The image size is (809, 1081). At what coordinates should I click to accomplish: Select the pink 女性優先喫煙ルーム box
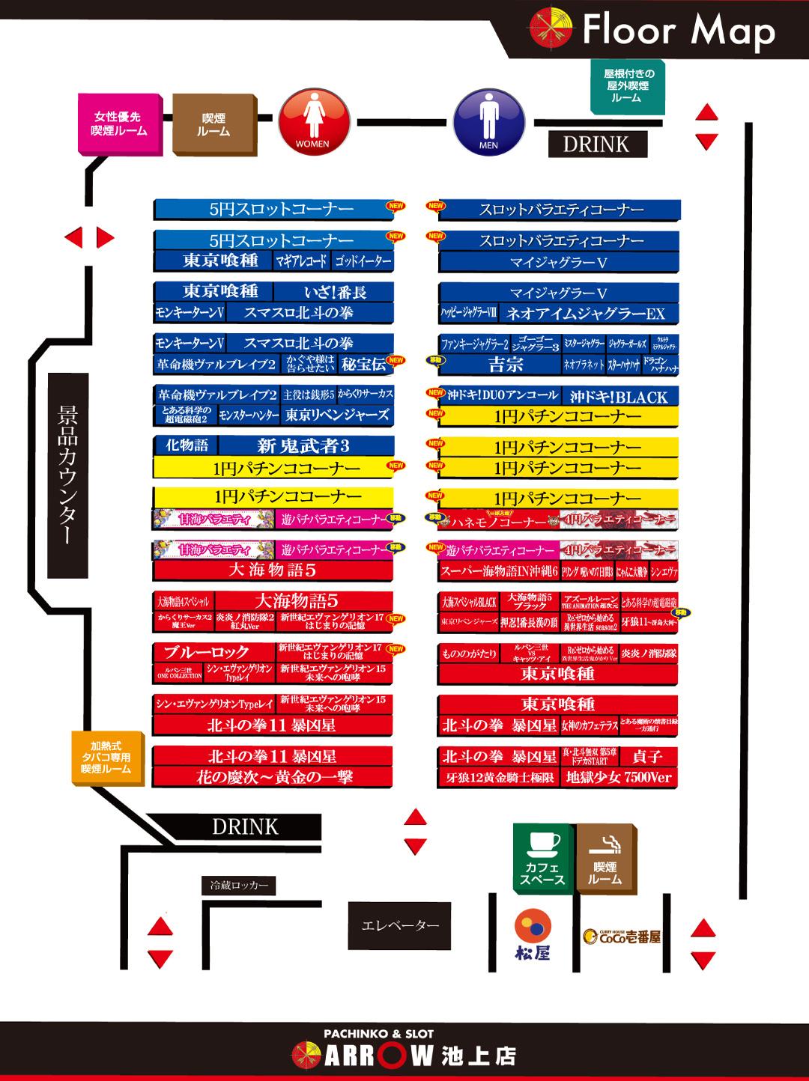[118, 124]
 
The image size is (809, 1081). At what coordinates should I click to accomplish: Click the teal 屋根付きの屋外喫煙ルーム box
[628, 86]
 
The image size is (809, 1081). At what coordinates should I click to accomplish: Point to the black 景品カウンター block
[68, 475]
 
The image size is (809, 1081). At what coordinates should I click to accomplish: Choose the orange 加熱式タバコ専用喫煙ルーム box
[106, 757]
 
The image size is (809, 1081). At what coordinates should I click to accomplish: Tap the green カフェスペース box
[542, 857]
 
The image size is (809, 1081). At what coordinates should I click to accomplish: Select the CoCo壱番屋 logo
[622, 936]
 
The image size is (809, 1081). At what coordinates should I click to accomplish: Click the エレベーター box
[400, 926]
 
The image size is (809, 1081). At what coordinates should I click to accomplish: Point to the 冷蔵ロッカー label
[239, 886]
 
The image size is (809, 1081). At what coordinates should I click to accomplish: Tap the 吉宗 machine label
[506, 365]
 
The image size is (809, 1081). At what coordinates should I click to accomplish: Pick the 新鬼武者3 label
[303, 446]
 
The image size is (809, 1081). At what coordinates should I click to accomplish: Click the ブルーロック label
[206, 652]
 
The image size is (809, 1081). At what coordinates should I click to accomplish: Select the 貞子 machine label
[648, 756]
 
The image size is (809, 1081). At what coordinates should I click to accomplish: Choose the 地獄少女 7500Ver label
[619, 778]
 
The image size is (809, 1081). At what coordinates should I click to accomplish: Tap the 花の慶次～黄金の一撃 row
[273, 777]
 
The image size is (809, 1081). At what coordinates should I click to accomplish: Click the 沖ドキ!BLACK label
[619, 397]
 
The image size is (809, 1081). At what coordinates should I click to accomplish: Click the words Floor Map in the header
[678, 31]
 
